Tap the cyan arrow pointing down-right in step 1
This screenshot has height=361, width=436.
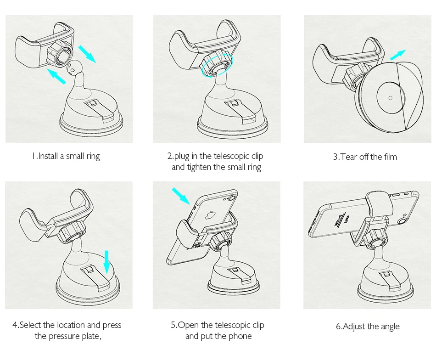pyautogui.click(x=87, y=54)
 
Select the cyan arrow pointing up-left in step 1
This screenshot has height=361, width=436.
pyautogui.click(x=56, y=76)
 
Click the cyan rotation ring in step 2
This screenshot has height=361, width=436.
pyautogui.click(x=218, y=66)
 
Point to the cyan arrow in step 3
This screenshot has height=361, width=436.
pyautogui.click(x=398, y=55)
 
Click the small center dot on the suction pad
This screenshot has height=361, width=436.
pyautogui.click(x=391, y=98)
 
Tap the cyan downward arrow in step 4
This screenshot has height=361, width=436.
pyautogui.click(x=106, y=262)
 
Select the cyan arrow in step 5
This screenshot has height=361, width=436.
pyautogui.click(x=181, y=196)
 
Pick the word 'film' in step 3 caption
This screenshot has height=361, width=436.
pyautogui.click(x=391, y=157)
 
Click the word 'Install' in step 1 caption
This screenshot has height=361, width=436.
pyautogui.click(x=48, y=156)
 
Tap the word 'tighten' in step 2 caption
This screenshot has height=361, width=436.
pyautogui.click(x=199, y=167)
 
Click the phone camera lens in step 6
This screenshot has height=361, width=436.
pyautogui.click(x=402, y=221)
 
